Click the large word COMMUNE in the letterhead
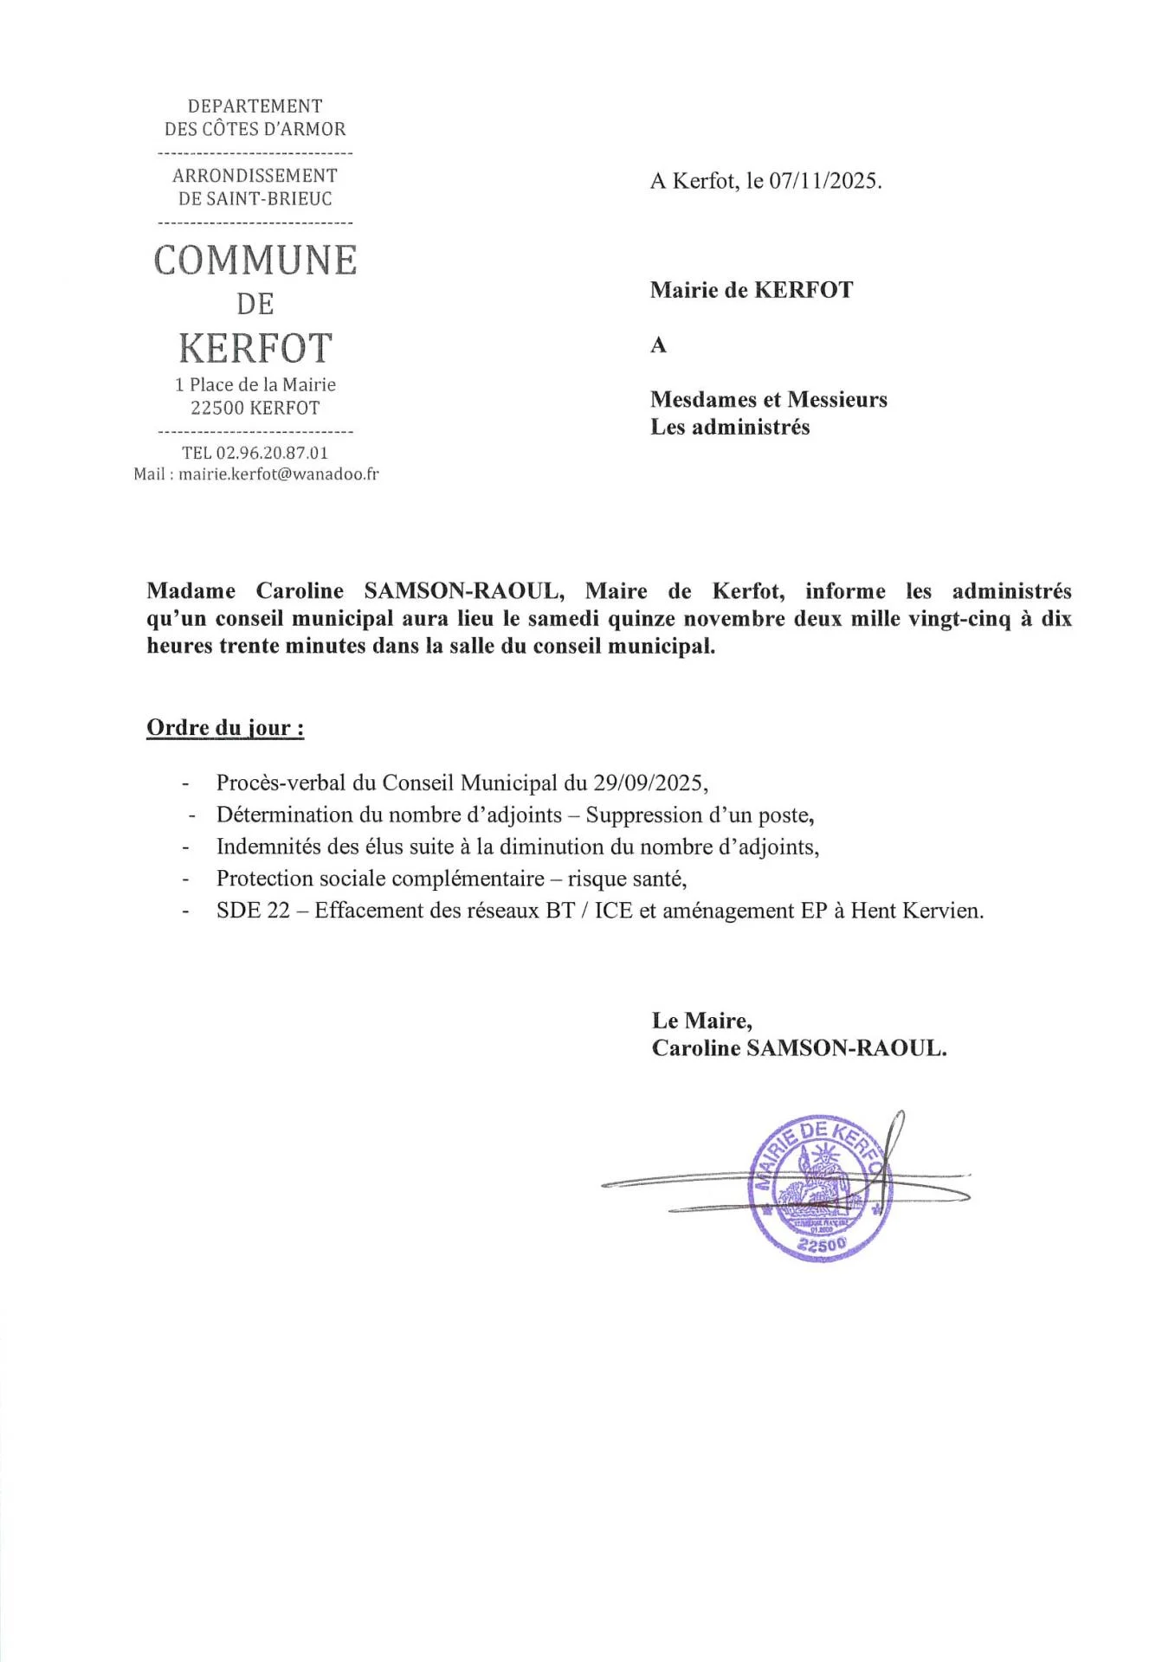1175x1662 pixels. coord(255,261)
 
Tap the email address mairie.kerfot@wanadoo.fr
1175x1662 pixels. coord(279,474)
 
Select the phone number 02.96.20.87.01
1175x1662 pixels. coord(272,453)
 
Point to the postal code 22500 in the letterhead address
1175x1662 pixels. coord(217,409)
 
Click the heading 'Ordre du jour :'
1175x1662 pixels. coord(225,727)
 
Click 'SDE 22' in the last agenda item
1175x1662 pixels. coord(253,911)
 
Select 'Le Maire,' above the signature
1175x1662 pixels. coord(702,1021)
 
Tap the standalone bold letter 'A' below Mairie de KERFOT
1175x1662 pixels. coord(659,345)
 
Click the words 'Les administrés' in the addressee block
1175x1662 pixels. coord(730,427)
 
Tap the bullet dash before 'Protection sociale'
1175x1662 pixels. coord(185,879)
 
